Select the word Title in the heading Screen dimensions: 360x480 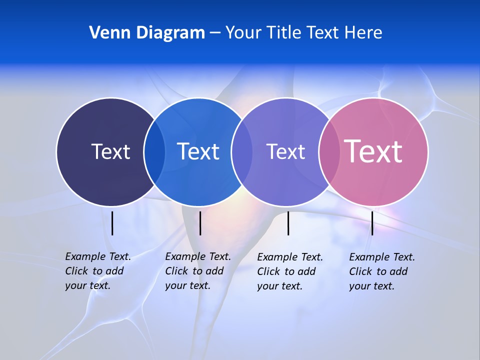click(284, 33)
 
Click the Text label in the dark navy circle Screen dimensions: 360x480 click(110, 151)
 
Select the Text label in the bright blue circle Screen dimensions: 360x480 click(198, 151)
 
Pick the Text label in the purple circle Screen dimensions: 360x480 click(285, 151)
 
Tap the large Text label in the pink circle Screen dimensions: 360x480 click(373, 151)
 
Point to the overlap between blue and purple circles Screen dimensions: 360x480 click(241, 151)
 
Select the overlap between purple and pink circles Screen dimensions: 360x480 click(328, 151)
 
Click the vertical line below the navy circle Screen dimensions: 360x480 click(112, 223)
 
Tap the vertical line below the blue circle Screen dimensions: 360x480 click(200, 223)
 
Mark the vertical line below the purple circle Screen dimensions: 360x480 click(288, 223)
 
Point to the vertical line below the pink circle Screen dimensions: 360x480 click(372, 223)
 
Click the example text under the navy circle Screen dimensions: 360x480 click(98, 271)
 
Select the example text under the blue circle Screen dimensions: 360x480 click(198, 271)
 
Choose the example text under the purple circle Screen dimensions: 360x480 click(290, 271)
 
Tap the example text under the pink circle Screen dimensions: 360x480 click(382, 271)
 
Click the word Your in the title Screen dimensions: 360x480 click(243, 33)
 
